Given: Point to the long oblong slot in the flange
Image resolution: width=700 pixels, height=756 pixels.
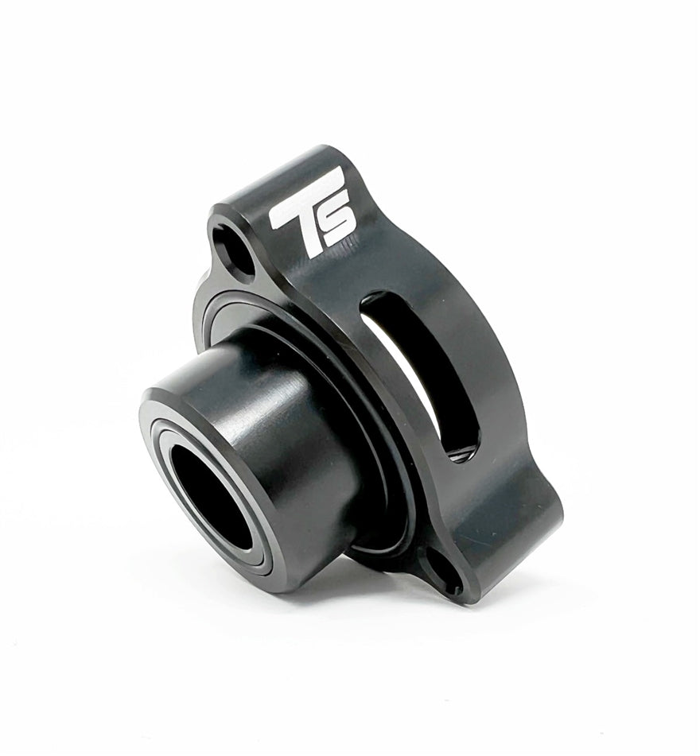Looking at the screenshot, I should (x=418, y=374).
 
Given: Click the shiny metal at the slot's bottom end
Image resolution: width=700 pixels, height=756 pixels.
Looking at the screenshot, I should (x=460, y=455).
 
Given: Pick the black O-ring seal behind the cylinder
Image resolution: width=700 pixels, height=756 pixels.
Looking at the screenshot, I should (x=374, y=509).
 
